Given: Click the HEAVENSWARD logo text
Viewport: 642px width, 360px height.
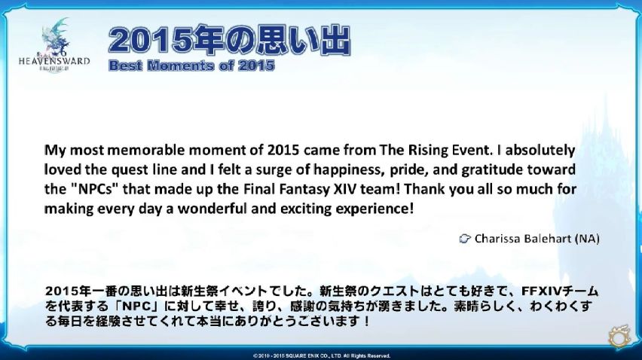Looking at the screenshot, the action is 54,61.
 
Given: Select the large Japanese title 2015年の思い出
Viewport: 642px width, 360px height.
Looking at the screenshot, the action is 229,40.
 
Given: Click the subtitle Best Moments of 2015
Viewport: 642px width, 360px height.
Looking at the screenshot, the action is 191,66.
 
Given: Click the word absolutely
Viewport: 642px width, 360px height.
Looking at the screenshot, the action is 540,150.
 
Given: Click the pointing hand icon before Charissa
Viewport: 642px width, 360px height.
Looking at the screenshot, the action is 465,239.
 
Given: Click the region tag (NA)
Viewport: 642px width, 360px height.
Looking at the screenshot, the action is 587,239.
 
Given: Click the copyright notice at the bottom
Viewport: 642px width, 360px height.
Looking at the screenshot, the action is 322,356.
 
